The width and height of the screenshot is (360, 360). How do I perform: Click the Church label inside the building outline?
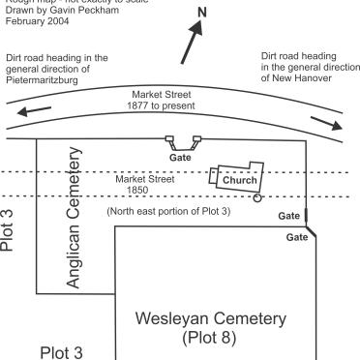tap(239, 180)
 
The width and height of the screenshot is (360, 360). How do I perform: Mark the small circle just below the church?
tap(256, 197)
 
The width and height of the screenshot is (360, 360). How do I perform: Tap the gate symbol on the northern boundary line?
tap(181, 141)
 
